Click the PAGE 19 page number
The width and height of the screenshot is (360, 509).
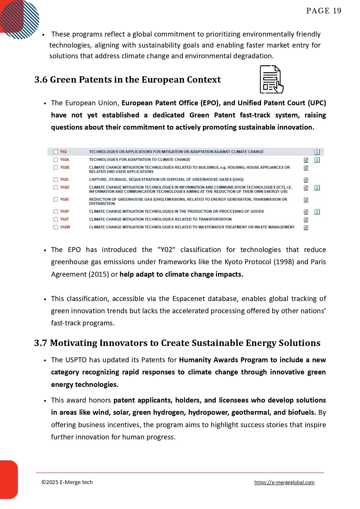324,11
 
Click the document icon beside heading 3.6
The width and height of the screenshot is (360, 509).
271,79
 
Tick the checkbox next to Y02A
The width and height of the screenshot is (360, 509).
56,160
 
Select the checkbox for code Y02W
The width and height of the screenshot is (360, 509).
56,227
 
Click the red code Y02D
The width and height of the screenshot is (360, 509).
65,187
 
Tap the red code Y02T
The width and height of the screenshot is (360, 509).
64,219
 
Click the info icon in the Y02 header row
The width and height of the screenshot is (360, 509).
317,152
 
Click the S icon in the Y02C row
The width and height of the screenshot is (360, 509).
306,180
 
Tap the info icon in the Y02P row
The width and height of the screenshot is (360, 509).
317,212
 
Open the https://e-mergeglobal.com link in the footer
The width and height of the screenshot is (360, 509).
284,482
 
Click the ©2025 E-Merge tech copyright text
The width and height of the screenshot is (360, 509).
67,482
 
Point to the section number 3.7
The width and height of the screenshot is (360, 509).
41,343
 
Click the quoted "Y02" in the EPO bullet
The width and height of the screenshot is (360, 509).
166,250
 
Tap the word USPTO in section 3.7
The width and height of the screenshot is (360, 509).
76,360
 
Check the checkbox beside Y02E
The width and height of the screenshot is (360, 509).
56,200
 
